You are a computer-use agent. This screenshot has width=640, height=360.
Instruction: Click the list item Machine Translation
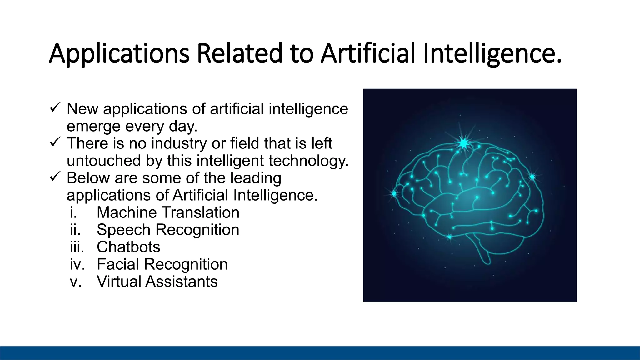(168, 212)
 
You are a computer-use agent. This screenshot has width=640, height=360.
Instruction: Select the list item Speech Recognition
(168, 230)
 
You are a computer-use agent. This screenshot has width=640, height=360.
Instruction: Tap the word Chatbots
(128, 247)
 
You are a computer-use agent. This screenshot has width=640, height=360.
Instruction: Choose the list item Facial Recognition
(162, 264)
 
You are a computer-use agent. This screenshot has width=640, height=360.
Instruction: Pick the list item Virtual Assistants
(157, 282)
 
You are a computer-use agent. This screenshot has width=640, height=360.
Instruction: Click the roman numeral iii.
(77, 247)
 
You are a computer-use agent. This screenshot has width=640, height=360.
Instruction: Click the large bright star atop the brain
(463, 143)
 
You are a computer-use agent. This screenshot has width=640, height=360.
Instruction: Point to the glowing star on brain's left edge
(394, 194)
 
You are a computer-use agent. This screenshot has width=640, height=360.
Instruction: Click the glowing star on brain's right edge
(532, 177)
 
